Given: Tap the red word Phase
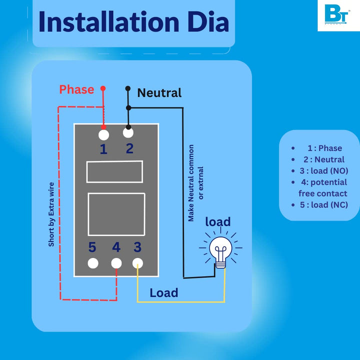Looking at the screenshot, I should click(76, 89).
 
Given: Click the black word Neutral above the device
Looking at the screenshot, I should click(159, 92).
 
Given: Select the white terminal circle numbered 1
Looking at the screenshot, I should click(104, 134).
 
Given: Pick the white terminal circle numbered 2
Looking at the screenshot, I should click(128, 132).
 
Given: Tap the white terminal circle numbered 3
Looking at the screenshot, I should click(137, 262).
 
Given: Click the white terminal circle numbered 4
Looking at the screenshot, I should click(116, 263).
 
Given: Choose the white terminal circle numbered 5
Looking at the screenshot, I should click(93, 263).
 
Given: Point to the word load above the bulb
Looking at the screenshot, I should click(218, 221).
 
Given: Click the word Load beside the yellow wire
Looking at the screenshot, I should click(164, 292).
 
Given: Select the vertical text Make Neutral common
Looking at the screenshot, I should click(191, 183).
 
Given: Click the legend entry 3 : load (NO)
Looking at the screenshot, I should click(323, 170).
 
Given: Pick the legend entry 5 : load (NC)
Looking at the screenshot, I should click(323, 204).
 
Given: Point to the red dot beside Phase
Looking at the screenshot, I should click(103, 88).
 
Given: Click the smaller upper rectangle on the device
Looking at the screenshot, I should click(114, 171).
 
